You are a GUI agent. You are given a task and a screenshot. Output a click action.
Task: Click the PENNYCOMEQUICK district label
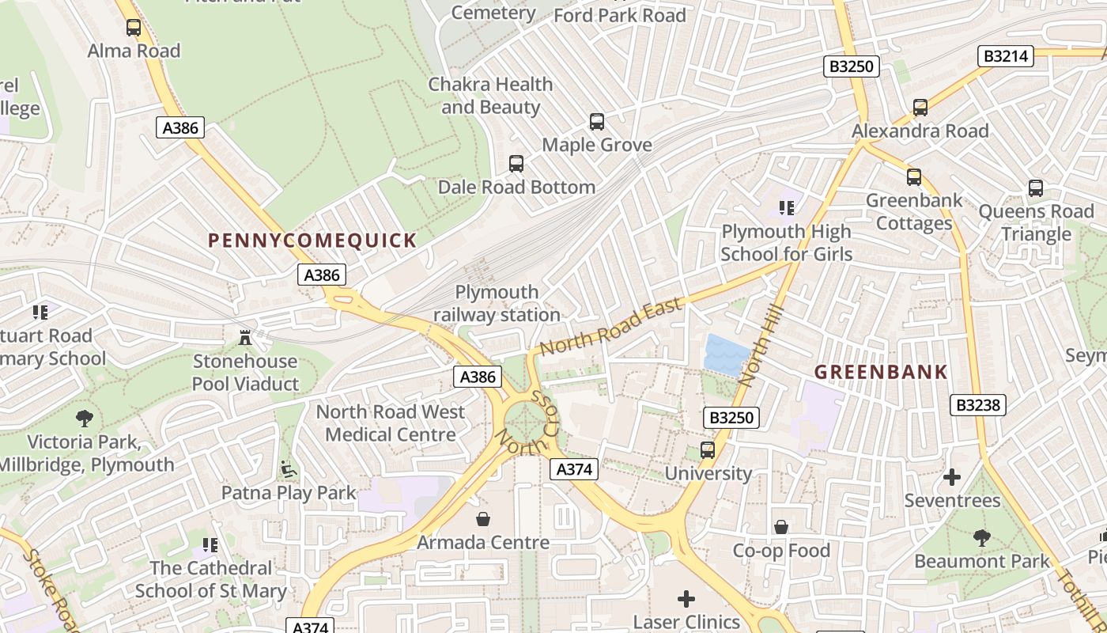[312, 241]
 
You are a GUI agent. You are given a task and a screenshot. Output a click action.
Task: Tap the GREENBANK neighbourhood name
[881, 372]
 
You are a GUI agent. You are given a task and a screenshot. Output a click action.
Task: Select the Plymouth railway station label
[497, 304]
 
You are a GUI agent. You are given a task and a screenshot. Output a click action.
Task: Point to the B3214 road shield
[1006, 56]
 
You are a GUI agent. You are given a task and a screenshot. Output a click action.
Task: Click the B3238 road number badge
[978, 405]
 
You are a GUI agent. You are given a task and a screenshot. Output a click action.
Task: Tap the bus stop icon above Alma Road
[134, 28]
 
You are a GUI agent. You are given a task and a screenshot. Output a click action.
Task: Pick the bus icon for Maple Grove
[597, 122]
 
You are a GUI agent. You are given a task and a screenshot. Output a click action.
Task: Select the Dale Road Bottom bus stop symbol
[516, 164]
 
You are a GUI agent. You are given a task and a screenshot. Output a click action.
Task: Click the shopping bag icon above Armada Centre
[482, 519]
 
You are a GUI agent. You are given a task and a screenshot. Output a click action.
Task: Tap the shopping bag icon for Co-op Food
[781, 527]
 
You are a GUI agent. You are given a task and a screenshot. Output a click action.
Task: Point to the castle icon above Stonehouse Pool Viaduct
[245, 338]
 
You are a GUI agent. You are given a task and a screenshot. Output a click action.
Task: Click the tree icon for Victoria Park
[85, 418]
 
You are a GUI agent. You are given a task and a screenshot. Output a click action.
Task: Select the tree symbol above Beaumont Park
[982, 538]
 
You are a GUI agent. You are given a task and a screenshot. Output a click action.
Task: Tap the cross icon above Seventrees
[952, 477]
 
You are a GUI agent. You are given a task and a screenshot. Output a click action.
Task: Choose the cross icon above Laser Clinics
[686, 598]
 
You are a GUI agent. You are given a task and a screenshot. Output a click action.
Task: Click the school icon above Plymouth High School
[786, 208]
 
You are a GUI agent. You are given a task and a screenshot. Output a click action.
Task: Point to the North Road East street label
[610, 326]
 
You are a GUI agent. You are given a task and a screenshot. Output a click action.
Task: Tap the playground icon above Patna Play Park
[289, 469]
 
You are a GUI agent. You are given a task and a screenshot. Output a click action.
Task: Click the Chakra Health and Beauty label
[490, 95]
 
